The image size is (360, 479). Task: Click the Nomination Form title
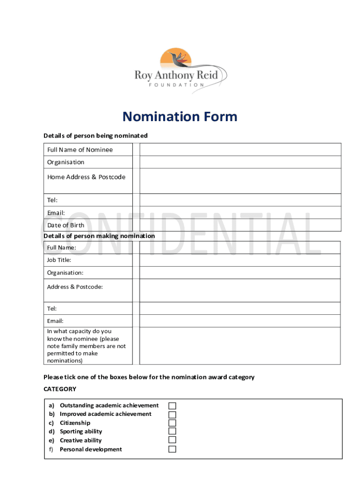click(x=180, y=116)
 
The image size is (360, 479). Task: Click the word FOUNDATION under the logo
click(x=176, y=85)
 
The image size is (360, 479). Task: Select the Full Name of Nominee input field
click(x=240, y=150)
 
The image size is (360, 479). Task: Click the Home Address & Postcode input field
click(x=240, y=181)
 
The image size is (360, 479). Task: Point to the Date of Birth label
click(x=66, y=225)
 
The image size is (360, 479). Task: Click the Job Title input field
click(x=240, y=260)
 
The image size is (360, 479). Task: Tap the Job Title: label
click(x=59, y=260)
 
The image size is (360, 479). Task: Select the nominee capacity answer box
click(x=240, y=346)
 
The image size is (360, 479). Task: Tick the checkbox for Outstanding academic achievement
click(x=173, y=406)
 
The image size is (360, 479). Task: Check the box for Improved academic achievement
click(x=173, y=414)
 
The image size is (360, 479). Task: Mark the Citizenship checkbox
click(x=173, y=423)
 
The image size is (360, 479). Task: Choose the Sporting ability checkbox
click(x=173, y=431)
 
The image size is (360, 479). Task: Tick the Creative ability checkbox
click(x=173, y=440)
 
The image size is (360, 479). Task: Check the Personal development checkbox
click(x=173, y=449)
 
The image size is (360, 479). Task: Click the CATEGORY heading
click(x=60, y=389)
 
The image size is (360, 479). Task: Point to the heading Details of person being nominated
click(x=95, y=136)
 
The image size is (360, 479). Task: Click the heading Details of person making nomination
click(x=99, y=236)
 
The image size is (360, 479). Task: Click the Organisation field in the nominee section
click(x=240, y=162)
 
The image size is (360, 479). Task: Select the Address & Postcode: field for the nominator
click(x=240, y=290)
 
